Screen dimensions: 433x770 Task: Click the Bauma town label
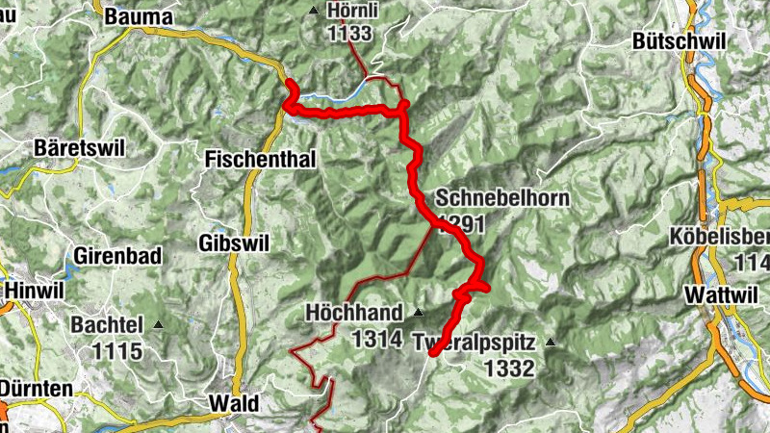click(x=138, y=16)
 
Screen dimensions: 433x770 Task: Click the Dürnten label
click(x=37, y=389)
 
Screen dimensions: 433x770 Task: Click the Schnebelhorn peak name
click(x=502, y=199)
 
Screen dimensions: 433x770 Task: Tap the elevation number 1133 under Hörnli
click(x=348, y=34)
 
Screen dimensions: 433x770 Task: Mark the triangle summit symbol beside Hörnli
click(x=315, y=11)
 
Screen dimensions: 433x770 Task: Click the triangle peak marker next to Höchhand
click(x=418, y=313)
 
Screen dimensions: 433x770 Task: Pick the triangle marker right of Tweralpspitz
click(x=551, y=342)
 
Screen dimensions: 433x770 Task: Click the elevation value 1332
click(x=509, y=368)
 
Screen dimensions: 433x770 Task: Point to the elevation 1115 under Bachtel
click(x=118, y=351)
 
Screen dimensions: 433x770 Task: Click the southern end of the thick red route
click(x=433, y=353)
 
